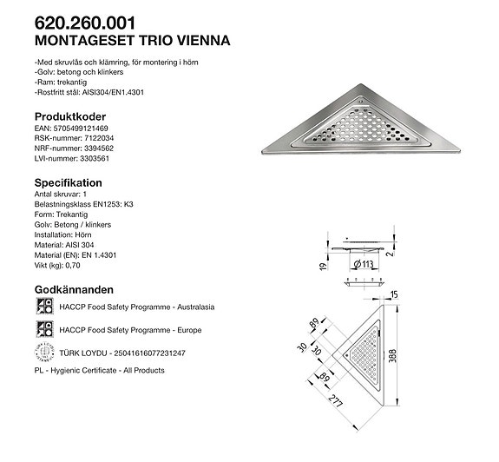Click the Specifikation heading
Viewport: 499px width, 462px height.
(x=68, y=183)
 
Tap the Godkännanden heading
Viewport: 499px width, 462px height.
(x=75, y=289)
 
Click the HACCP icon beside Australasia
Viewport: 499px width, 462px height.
(x=43, y=307)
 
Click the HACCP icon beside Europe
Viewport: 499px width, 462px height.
(x=43, y=329)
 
